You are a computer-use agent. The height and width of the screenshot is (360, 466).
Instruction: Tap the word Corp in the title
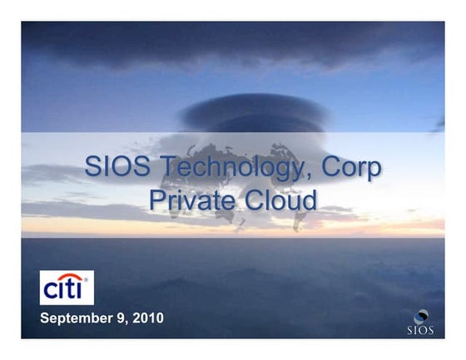click(353, 169)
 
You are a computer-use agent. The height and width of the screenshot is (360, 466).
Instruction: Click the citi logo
click(67, 288)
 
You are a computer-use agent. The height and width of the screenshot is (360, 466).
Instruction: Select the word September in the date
click(78, 318)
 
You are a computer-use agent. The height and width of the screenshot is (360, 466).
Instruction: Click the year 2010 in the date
click(146, 318)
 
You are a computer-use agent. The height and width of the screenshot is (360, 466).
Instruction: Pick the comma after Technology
click(307, 176)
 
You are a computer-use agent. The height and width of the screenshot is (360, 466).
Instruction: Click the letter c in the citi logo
click(51, 291)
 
